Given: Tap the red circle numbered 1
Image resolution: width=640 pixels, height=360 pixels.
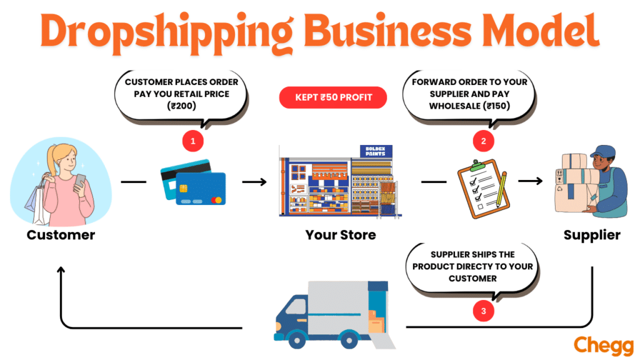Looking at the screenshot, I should [192, 141].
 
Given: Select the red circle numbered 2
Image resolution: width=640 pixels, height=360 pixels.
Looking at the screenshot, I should [482, 141].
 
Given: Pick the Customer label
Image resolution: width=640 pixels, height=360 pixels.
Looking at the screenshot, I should [61, 236].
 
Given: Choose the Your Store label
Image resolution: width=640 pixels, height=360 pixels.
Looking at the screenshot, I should [341, 236].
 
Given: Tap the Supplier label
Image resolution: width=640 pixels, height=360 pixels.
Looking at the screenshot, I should [592, 236].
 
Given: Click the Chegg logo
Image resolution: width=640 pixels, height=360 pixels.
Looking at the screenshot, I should [602, 345].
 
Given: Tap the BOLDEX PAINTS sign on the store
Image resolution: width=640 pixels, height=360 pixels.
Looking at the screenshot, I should [376, 151].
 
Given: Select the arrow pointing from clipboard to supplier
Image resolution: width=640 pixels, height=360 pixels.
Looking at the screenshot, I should [530, 182].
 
